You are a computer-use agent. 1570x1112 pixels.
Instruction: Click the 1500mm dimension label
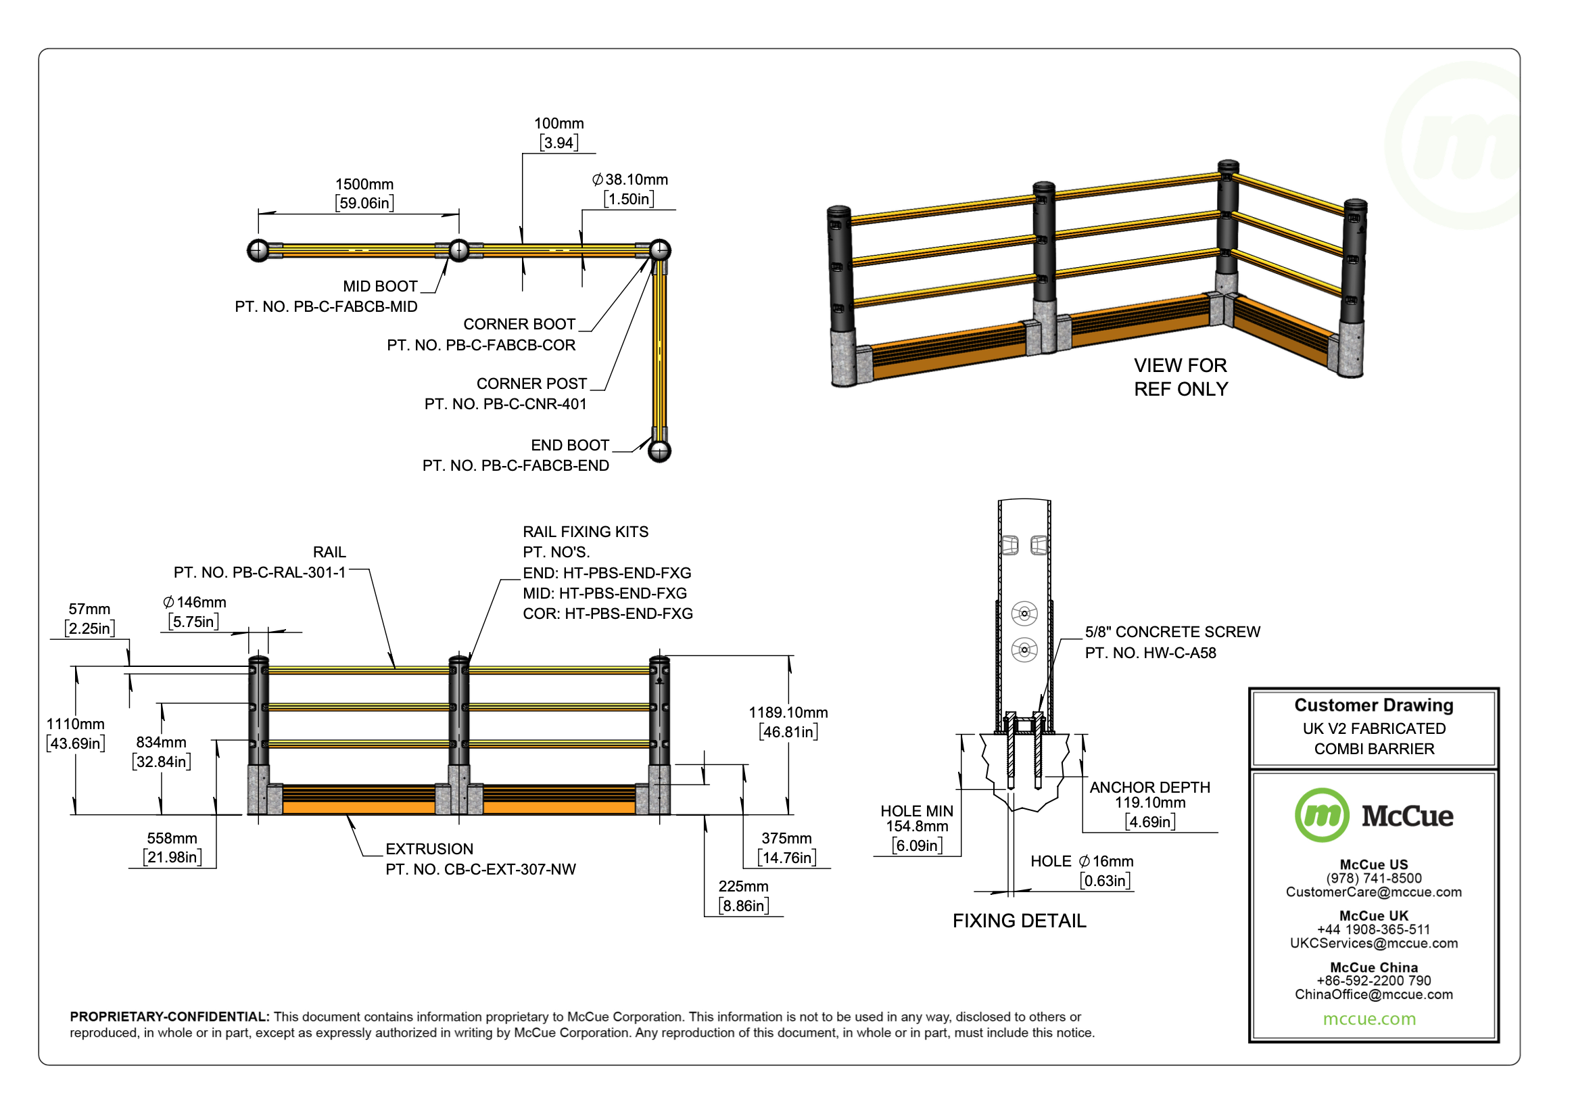pos(364,185)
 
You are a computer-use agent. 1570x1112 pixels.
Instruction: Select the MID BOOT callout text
pos(380,287)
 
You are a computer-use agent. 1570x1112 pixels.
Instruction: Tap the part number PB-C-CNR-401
pos(505,404)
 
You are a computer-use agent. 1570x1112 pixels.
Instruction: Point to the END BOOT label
pos(569,446)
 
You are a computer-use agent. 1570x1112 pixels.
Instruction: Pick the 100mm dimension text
pos(558,124)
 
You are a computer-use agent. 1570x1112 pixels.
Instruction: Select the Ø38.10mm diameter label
pos(629,180)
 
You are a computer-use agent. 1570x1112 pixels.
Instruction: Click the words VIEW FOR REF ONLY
pos(1180,377)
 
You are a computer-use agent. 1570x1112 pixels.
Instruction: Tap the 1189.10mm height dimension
pos(788,713)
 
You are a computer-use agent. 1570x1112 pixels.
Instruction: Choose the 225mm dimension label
pos(743,887)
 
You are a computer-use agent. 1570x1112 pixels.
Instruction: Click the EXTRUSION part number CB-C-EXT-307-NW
pos(481,870)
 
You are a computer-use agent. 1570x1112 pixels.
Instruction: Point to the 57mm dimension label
pos(89,609)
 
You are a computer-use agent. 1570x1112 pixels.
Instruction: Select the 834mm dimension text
pos(161,742)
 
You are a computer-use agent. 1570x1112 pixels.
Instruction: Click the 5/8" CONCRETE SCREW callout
pos(1172,632)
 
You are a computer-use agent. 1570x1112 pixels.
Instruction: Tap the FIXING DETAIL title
pos(1019,921)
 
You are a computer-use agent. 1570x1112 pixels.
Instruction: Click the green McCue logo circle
pos(1321,816)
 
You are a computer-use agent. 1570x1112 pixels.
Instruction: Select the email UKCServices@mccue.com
pos(1373,944)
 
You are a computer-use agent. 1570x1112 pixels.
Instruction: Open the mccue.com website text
pos(1369,1019)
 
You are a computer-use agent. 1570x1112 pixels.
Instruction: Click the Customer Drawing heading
pos(1373,705)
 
